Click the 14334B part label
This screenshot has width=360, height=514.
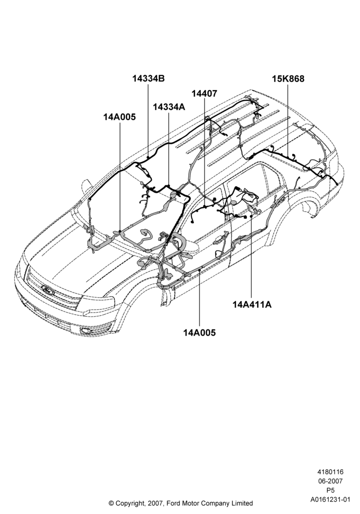tap(148, 79)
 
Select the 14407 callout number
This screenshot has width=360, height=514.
tap(204, 94)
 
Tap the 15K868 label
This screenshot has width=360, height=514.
tap(288, 79)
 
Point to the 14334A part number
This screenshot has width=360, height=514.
tap(169, 107)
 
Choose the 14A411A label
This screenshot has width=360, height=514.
tap(252, 304)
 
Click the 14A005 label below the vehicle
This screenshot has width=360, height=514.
tap(200, 333)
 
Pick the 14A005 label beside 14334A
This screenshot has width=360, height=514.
tap(120, 117)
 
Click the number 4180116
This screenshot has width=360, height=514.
tap(330, 472)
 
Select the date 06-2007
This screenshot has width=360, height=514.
tap(330, 481)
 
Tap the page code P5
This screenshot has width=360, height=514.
tap(331, 490)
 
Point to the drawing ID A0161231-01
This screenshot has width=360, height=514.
tap(331, 500)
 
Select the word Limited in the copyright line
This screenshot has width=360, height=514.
tap(243, 503)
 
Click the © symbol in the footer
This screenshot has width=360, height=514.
tap(111, 503)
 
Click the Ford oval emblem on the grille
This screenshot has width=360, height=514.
tap(48, 290)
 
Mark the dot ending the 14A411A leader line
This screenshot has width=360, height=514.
tap(251, 216)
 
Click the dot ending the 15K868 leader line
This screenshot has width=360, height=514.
tap(288, 157)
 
